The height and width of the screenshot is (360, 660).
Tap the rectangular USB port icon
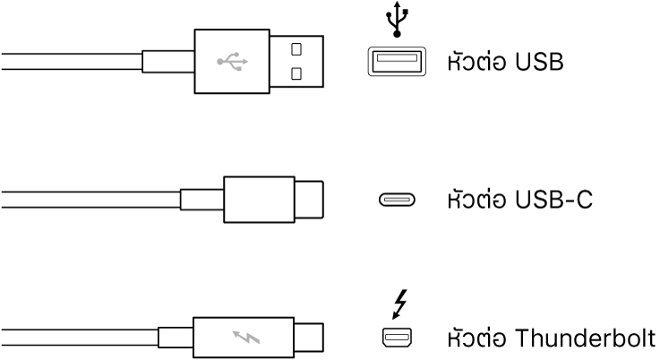pos(396,61)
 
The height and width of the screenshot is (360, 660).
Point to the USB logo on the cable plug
pos(232,62)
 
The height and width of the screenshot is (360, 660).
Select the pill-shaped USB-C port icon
pos(396,200)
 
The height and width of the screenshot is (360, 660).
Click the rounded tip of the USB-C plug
pos(310,200)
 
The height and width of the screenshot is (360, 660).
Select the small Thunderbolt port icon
pos(396,338)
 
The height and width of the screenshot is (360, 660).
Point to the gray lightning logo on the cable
pos(243,339)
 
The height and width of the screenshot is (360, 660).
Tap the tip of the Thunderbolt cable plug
pos(309,339)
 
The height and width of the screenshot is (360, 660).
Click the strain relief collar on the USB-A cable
pos(167,62)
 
